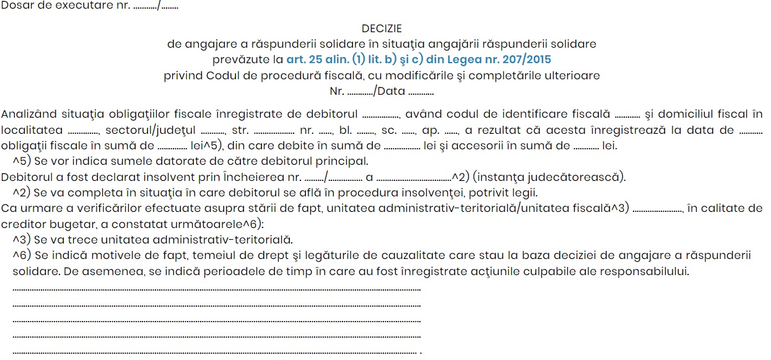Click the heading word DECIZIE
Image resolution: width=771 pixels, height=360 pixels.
pos(381,29)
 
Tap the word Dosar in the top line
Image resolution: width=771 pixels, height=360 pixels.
pos(17,6)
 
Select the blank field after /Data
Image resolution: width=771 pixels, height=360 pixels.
pos(421,92)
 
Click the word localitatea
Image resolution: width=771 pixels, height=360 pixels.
pos(32,130)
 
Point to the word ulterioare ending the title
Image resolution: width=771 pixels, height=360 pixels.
pos(573,76)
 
